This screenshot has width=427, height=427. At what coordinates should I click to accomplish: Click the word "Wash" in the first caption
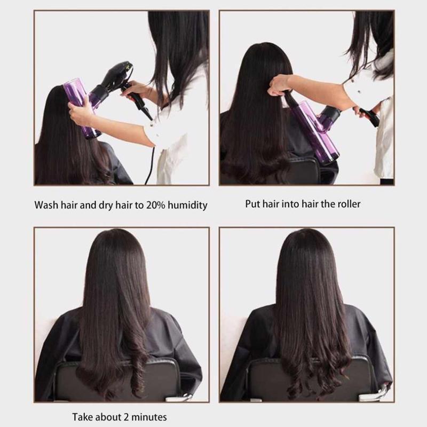click(x=46, y=204)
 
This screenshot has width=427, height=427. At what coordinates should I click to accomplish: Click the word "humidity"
click(x=184, y=204)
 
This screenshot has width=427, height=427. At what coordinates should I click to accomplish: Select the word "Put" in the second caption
click(x=252, y=203)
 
